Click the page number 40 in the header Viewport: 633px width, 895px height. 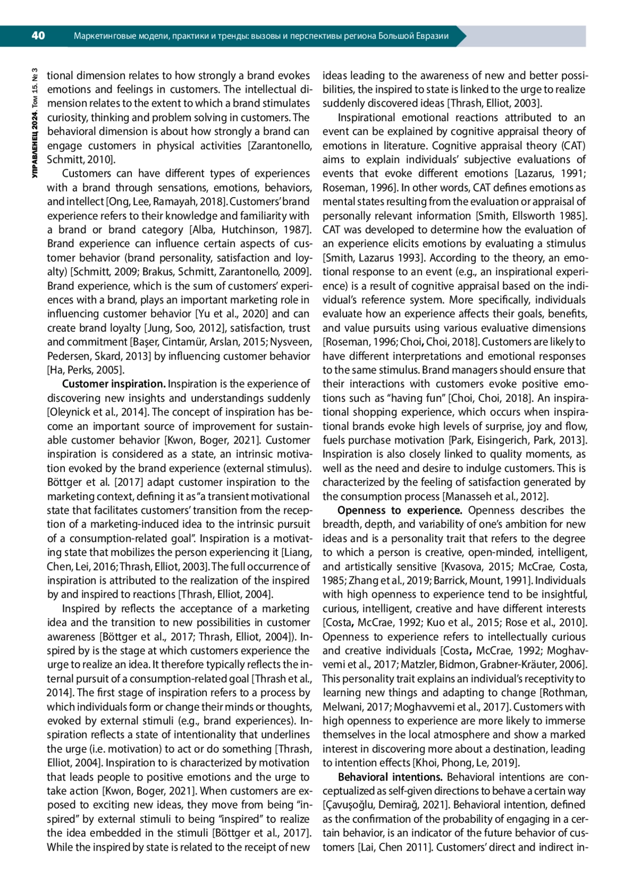coord(38,36)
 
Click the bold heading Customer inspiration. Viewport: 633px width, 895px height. coord(114,384)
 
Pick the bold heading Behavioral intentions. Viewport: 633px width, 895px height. coord(390,777)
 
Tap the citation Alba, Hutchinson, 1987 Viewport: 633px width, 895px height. coord(248,230)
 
